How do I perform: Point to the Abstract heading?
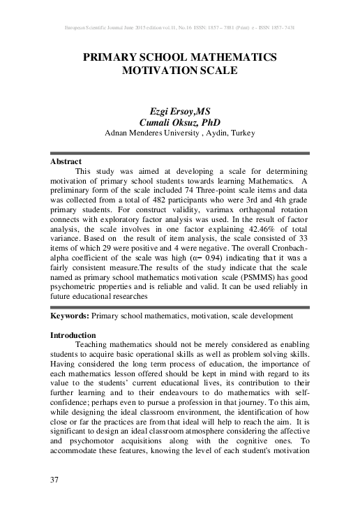tap(66, 161)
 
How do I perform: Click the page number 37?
tap(56, 479)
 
